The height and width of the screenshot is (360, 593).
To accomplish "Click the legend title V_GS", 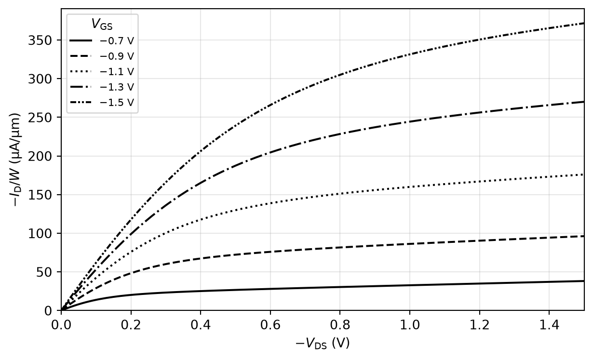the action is (x=102, y=24).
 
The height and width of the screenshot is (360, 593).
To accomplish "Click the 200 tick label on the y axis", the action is (x=40, y=157).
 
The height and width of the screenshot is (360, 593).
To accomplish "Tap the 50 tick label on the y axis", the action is (x=44, y=272).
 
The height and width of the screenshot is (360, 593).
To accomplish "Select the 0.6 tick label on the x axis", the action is (x=270, y=325).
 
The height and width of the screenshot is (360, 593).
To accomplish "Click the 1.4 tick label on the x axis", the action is (x=549, y=325).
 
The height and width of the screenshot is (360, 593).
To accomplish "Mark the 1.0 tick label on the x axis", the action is (x=409, y=325).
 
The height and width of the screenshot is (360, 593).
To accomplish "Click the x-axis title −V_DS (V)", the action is (x=323, y=344).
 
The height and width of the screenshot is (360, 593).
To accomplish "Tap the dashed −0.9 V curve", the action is (x=323, y=248).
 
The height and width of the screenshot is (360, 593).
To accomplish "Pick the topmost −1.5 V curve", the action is (x=323, y=85).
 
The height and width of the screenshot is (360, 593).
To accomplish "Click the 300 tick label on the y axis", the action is (x=40, y=79).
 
